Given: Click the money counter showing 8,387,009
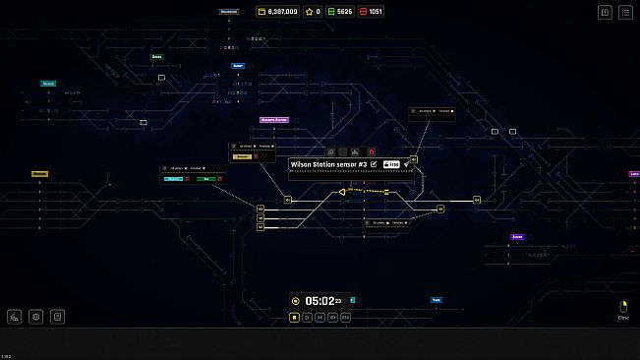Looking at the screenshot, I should (277, 12).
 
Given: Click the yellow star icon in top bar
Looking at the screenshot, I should (313, 12).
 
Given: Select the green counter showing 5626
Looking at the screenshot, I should (339, 12).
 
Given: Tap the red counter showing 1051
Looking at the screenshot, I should (372, 12).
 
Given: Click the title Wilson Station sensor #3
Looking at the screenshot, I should (328, 164).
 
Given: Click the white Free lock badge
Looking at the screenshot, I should (390, 164).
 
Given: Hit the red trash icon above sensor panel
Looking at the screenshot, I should (372, 151).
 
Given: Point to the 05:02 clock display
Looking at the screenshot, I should (322, 301).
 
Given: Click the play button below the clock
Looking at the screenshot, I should (307, 318).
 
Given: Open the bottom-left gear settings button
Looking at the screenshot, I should (36, 317).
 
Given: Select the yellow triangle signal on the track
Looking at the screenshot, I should (342, 192).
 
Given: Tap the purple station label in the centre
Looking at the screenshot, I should (273, 120).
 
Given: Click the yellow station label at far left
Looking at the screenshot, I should (39, 174).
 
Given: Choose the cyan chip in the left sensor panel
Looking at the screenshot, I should (173, 179).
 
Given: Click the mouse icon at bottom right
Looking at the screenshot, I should (623, 307).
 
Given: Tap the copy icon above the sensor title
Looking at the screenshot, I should (331, 151).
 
